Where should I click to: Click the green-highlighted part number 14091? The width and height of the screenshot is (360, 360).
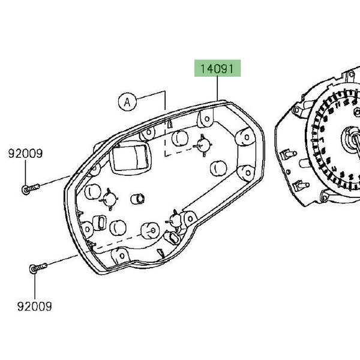pyautogui.click(x=216, y=69)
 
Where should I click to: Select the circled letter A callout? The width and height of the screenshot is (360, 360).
pyautogui.click(x=127, y=103)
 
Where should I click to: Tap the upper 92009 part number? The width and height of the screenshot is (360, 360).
pyautogui.click(x=25, y=154)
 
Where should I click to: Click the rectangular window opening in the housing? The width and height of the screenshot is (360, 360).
pyautogui.click(x=131, y=157)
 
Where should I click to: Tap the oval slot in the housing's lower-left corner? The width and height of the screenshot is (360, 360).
pyautogui.click(x=101, y=223)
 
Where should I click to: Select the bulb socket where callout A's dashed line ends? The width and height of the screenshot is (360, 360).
pyautogui.click(x=203, y=144)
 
